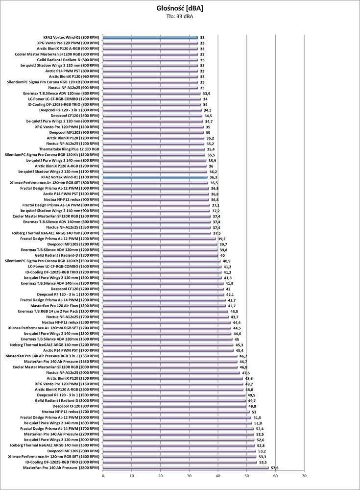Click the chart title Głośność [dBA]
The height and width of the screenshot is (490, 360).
(179, 8)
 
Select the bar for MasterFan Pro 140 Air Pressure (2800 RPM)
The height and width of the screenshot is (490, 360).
(186, 468)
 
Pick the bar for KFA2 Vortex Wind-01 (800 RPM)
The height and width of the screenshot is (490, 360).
(150, 37)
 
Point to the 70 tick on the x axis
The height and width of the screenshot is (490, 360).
(304, 475)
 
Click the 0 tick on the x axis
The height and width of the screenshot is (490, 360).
(103, 475)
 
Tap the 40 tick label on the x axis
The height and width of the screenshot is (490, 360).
(218, 475)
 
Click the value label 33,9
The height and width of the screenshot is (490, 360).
(206, 93)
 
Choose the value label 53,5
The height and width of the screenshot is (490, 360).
(263, 463)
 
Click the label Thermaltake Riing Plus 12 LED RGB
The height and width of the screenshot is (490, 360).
(69, 149)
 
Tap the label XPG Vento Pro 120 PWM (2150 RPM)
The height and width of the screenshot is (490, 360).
(68, 384)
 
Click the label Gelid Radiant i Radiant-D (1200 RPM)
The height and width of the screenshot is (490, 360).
(68, 255)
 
